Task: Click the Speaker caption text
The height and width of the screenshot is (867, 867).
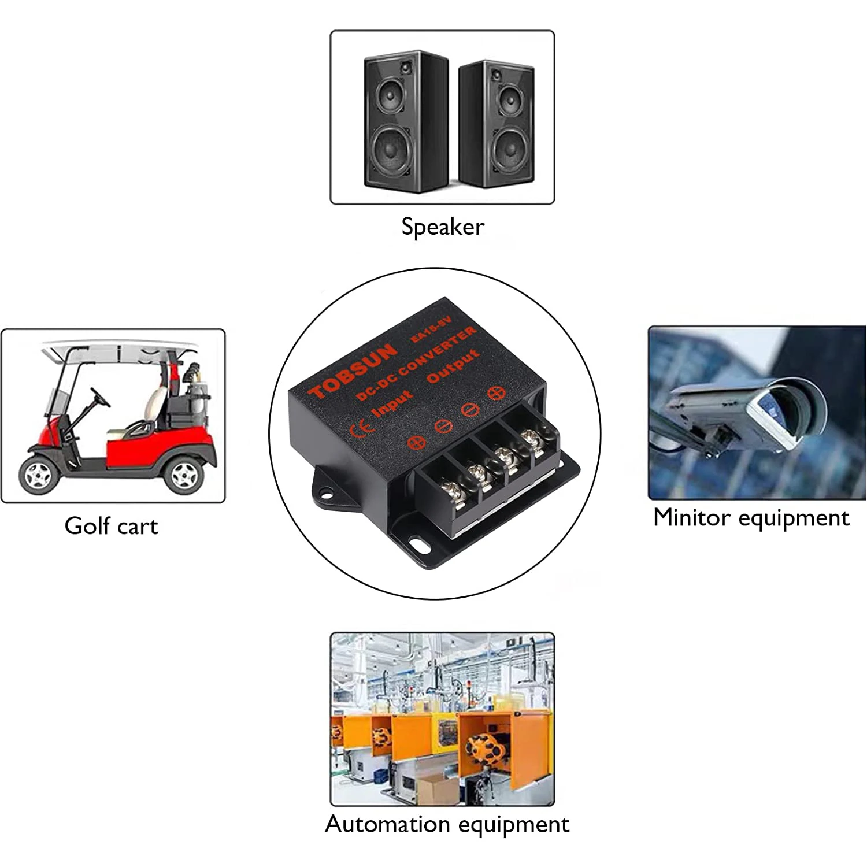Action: point(443,227)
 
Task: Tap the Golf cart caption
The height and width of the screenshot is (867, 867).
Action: point(111,526)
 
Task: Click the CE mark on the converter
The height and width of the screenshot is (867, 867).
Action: point(362,428)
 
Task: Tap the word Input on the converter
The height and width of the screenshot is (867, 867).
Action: point(393,403)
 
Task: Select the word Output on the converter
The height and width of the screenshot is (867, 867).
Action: point(453,366)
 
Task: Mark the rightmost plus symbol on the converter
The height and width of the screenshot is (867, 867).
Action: point(496,393)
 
